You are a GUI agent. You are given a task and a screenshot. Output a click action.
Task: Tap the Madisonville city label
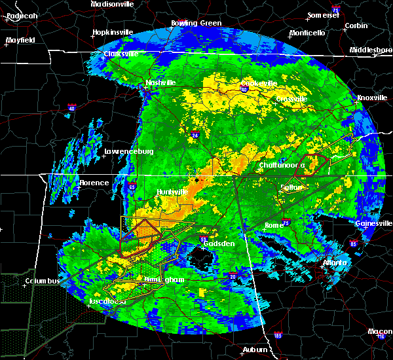click(x=113, y=4)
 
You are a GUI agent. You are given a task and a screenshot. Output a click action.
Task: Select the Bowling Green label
click(x=196, y=23)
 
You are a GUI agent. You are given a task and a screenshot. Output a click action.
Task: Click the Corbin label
click(x=356, y=26)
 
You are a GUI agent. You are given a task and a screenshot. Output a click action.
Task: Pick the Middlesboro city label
click(x=370, y=50)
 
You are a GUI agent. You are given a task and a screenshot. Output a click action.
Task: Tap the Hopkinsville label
click(x=113, y=31)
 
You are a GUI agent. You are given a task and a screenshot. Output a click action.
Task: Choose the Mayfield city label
click(x=20, y=40)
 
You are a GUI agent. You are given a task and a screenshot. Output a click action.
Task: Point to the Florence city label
click(x=93, y=183)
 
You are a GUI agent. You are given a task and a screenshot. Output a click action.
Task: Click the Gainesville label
click(x=373, y=223)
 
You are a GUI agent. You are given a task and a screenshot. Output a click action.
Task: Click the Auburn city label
click(x=254, y=350)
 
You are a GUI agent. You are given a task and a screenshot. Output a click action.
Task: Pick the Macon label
click(x=379, y=331)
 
